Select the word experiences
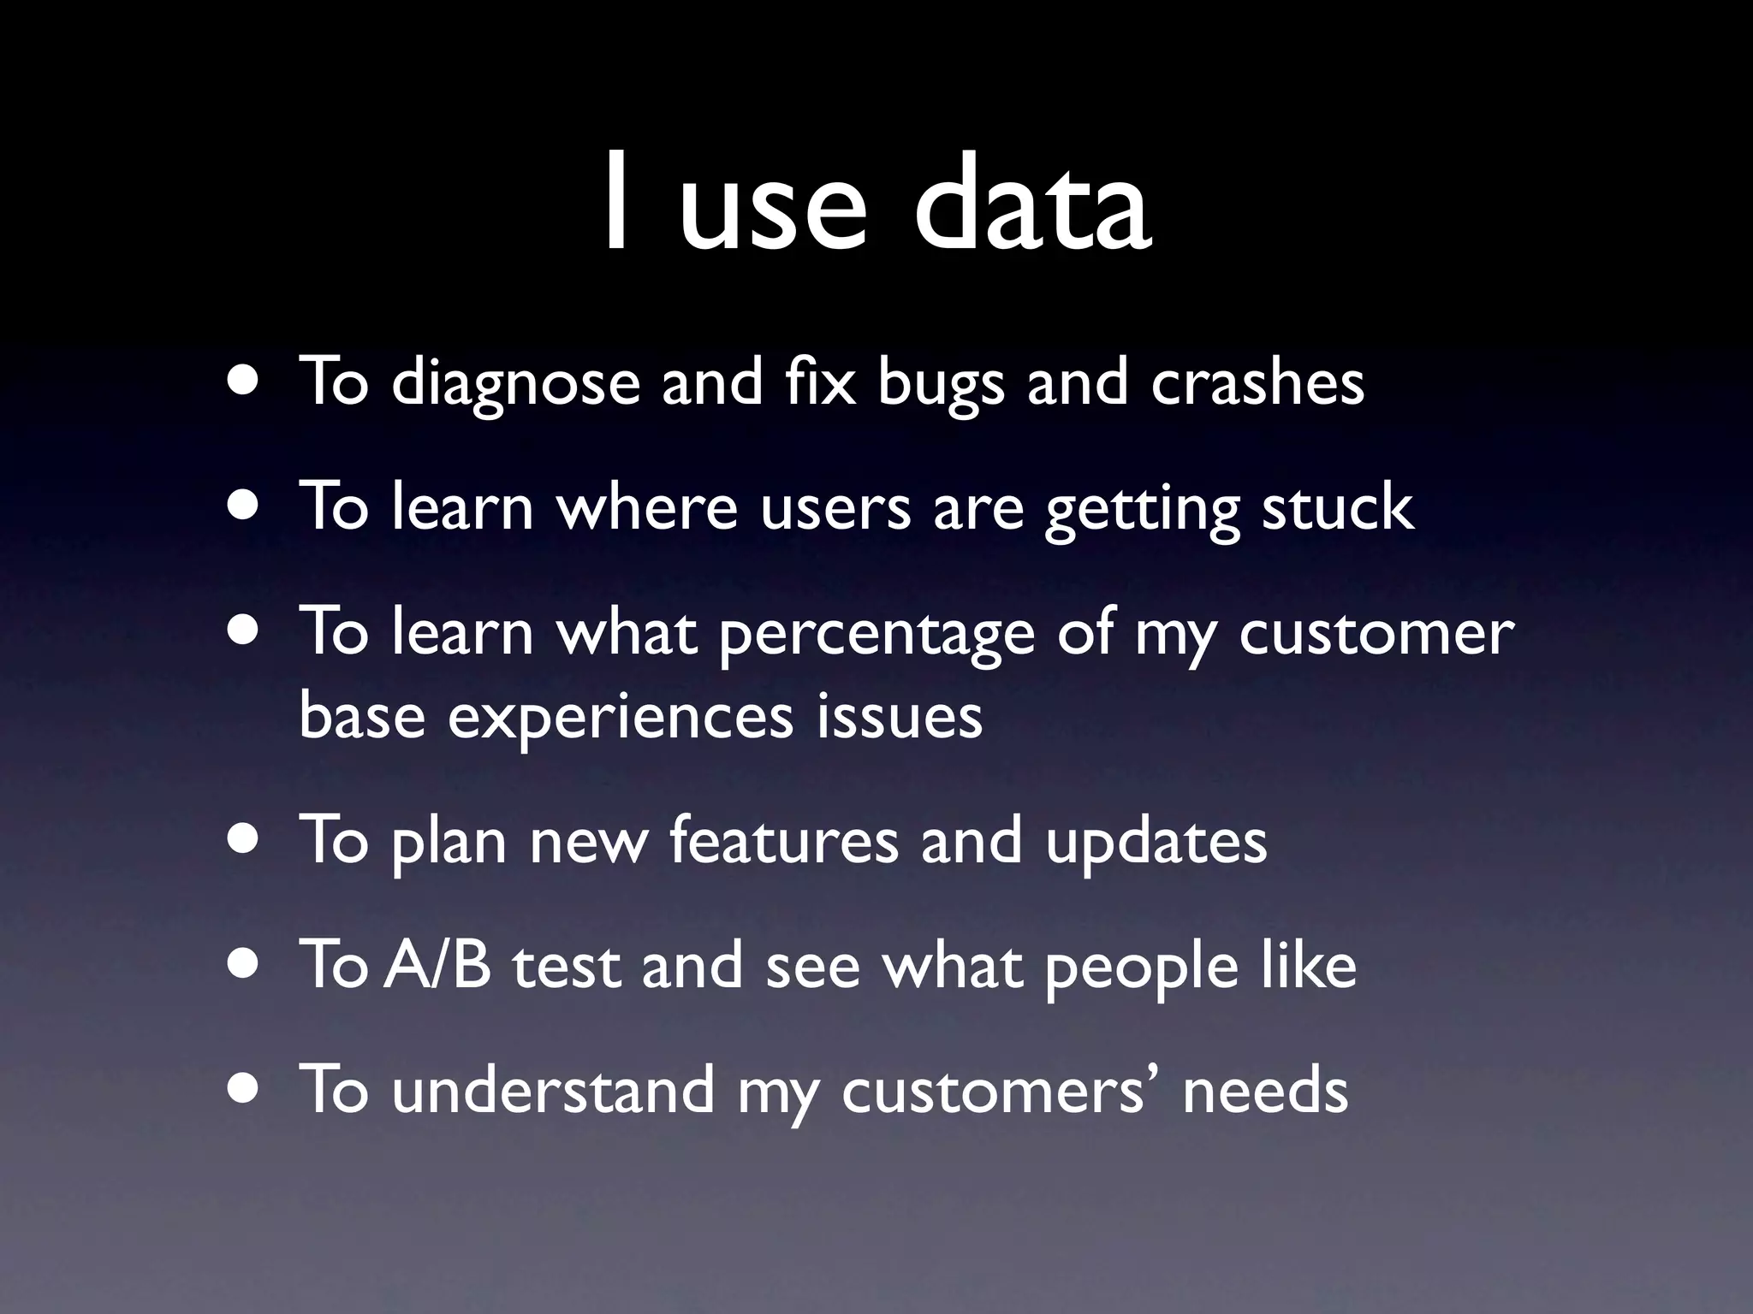621,719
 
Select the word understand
553,1090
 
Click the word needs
1265,1092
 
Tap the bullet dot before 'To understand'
246,1088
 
